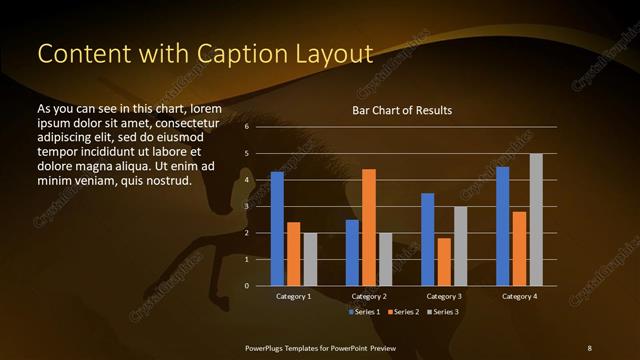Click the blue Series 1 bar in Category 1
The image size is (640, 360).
click(x=277, y=229)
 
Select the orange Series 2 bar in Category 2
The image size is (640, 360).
click(x=368, y=227)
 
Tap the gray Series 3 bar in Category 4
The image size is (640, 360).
click(x=535, y=220)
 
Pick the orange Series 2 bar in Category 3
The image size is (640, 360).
click(x=443, y=262)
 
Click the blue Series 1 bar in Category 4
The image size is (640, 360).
click(x=502, y=226)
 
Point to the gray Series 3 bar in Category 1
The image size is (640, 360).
click(x=310, y=259)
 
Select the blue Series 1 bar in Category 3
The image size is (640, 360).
click(x=427, y=239)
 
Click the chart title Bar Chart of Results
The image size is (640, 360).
click(x=402, y=109)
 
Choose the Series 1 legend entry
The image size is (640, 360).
click(x=364, y=312)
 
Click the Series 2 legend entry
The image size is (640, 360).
click(x=403, y=312)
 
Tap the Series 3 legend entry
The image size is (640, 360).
click(x=442, y=312)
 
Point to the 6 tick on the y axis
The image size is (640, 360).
click(x=248, y=128)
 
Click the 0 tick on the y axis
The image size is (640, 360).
click(x=248, y=286)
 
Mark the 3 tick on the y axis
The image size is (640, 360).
click(x=248, y=207)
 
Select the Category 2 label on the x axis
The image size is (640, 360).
click(x=368, y=297)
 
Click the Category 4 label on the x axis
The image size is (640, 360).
click(x=518, y=297)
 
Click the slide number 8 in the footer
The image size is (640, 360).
click(x=589, y=347)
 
